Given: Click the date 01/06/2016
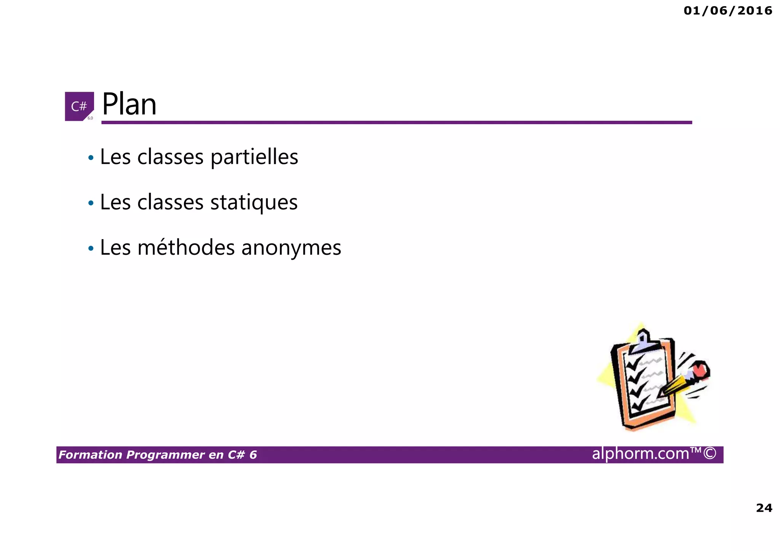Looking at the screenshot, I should [728, 11].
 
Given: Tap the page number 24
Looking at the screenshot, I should [764, 508].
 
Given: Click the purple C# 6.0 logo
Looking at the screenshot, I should [79, 106].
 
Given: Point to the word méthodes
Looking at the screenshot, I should [186, 248].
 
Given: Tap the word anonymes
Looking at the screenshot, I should [291, 248].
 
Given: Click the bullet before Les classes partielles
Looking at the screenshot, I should [91, 157].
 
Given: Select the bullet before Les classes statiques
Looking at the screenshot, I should [91, 203].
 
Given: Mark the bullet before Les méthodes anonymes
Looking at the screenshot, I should [91, 249].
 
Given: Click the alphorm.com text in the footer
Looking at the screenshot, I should [641, 454].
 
